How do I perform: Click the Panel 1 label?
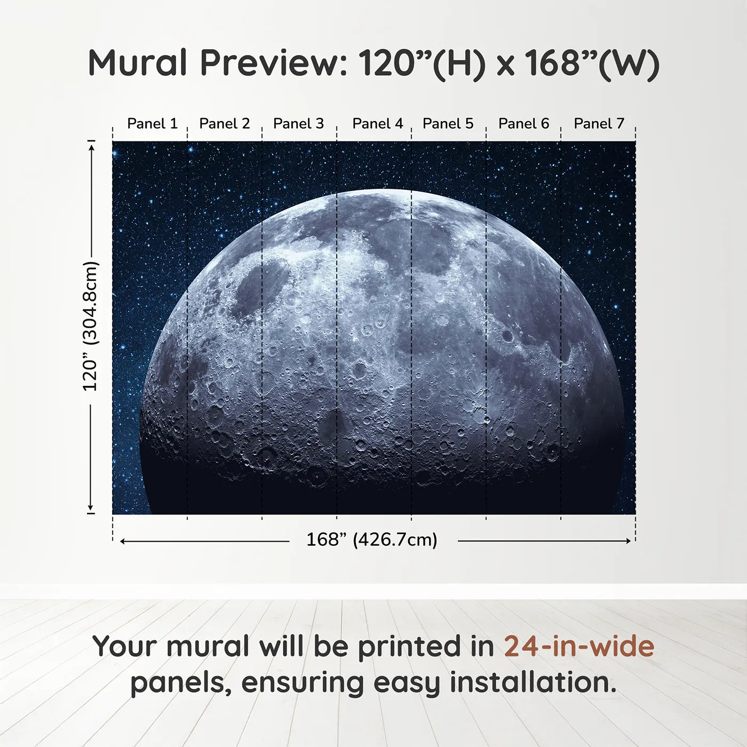point(152,124)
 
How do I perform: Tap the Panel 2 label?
point(224,124)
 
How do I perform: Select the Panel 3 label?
point(298,124)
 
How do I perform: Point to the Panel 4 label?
point(377,124)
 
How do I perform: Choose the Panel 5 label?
point(448,124)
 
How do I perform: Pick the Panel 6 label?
point(523,124)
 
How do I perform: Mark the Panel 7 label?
point(599,124)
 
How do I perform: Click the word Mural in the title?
point(138,63)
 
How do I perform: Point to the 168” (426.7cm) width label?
point(371,540)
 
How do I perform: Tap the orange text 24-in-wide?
point(579,647)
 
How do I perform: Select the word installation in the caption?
point(533,682)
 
